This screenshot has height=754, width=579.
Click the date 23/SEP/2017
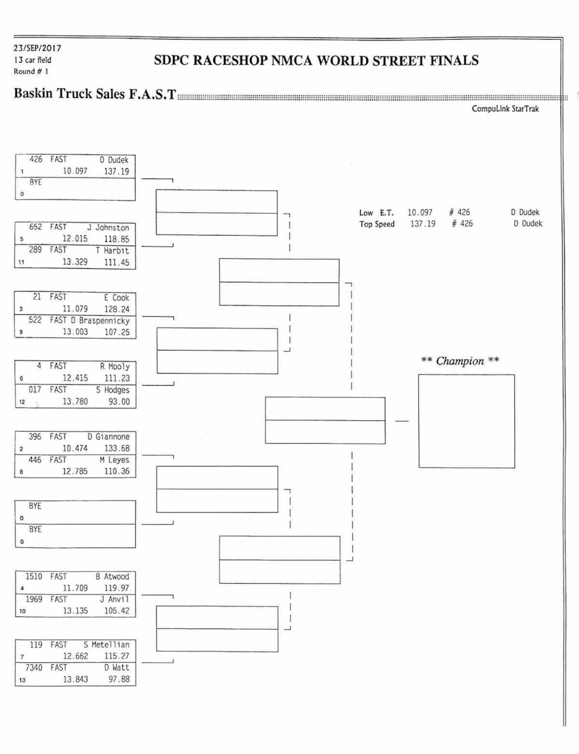click(x=38, y=48)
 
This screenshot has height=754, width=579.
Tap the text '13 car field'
click(x=32, y=60)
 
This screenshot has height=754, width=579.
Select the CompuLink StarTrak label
click(x=505, y=109)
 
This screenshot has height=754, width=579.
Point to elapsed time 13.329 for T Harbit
click(x=75, y=262)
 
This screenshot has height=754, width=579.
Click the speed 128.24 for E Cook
click(x=117, y=309)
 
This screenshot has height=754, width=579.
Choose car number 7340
click(x=34, y=668)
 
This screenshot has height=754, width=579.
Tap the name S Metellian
click(x=106, y=644)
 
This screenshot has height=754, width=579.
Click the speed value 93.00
click(x=119, y=402)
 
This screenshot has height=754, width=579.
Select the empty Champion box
click(x=466, y=421)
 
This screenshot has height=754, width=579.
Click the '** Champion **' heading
click(x=460, y=361)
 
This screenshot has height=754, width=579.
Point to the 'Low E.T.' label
click(x=376, y=212)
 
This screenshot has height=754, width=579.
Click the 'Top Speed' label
click(x=377, y=224)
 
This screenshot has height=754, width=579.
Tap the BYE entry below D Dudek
click(x=35, y=182)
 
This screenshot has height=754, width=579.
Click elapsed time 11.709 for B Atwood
click(x=75, y=588)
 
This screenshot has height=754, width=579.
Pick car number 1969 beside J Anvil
click(x=34, y=599)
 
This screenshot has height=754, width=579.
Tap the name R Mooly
click(x=115, y=366)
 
